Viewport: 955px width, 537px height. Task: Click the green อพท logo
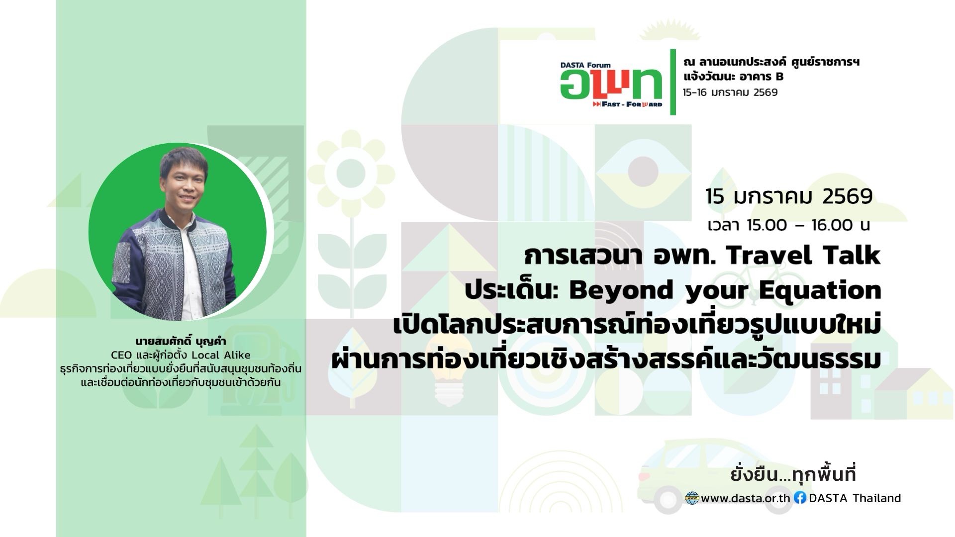coord(611,84)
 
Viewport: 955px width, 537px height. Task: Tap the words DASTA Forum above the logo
coord(585,65)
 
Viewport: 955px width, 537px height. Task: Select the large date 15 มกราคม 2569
coord(789,196)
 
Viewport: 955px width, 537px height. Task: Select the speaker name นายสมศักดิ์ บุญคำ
coord(181,342)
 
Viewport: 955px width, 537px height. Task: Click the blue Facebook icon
coord(800,498)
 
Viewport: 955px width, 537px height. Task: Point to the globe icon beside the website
coord(692,498)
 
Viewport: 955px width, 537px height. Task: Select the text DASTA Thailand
coord(855,498)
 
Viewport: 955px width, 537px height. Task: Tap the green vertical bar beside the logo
coord(673,82)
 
